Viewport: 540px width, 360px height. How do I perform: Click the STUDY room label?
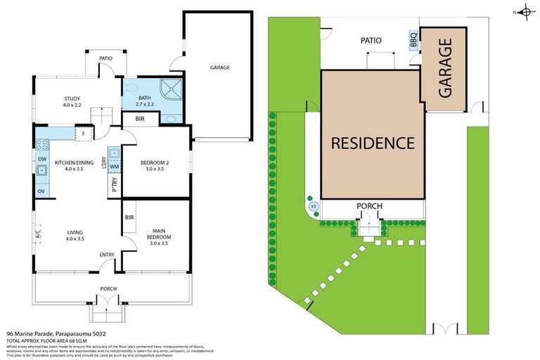click(71, 98)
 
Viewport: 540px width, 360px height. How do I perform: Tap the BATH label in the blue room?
click(145, 98)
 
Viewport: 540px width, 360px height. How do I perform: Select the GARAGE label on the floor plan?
click(219, 67)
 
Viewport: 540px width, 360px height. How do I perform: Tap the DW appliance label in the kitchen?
click(42, 160)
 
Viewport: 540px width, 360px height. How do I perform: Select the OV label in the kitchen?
click(42, 191)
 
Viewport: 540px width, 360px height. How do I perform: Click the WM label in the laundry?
click(115, 167)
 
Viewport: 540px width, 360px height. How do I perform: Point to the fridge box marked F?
click(83, 133)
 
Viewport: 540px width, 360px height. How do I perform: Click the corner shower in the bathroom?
click(170, 89)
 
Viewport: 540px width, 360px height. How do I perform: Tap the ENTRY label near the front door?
click(108, 255)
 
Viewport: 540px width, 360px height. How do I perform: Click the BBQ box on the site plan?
click(413, 40)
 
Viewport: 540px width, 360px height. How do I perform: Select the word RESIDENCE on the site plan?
click(373, 143)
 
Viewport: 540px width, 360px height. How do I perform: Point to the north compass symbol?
click(525, 12)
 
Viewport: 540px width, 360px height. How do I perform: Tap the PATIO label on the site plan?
click(371, 40)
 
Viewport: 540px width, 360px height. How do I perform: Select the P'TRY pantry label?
click(115, 184)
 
